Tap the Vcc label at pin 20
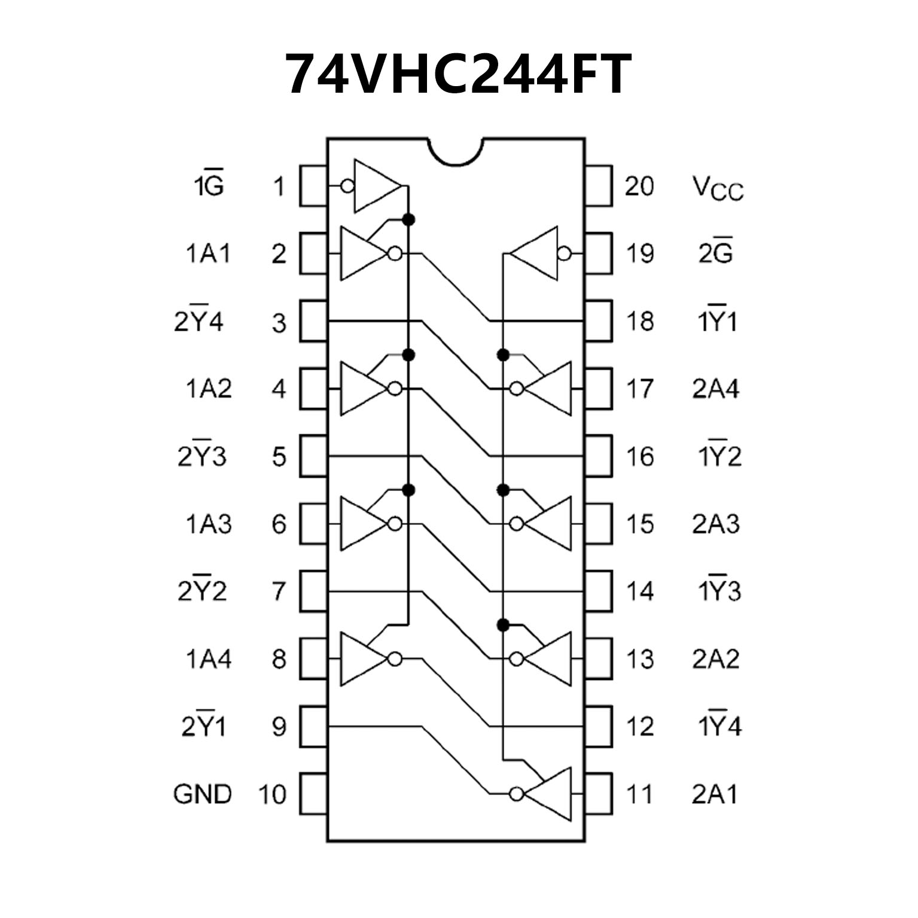pos(718,188)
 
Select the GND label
pos(202,794)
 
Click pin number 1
pos(279,187)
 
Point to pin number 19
pos(639,254)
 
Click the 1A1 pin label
pos(208,254)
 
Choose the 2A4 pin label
pos(716,389)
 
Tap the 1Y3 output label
pos(719,591)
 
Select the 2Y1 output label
pos(204,727)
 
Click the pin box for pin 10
pos(313,794)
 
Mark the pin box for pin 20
pos(599,187)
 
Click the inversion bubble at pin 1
pos(347,187)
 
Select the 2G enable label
pos(716,254)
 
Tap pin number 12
pos(639,727)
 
